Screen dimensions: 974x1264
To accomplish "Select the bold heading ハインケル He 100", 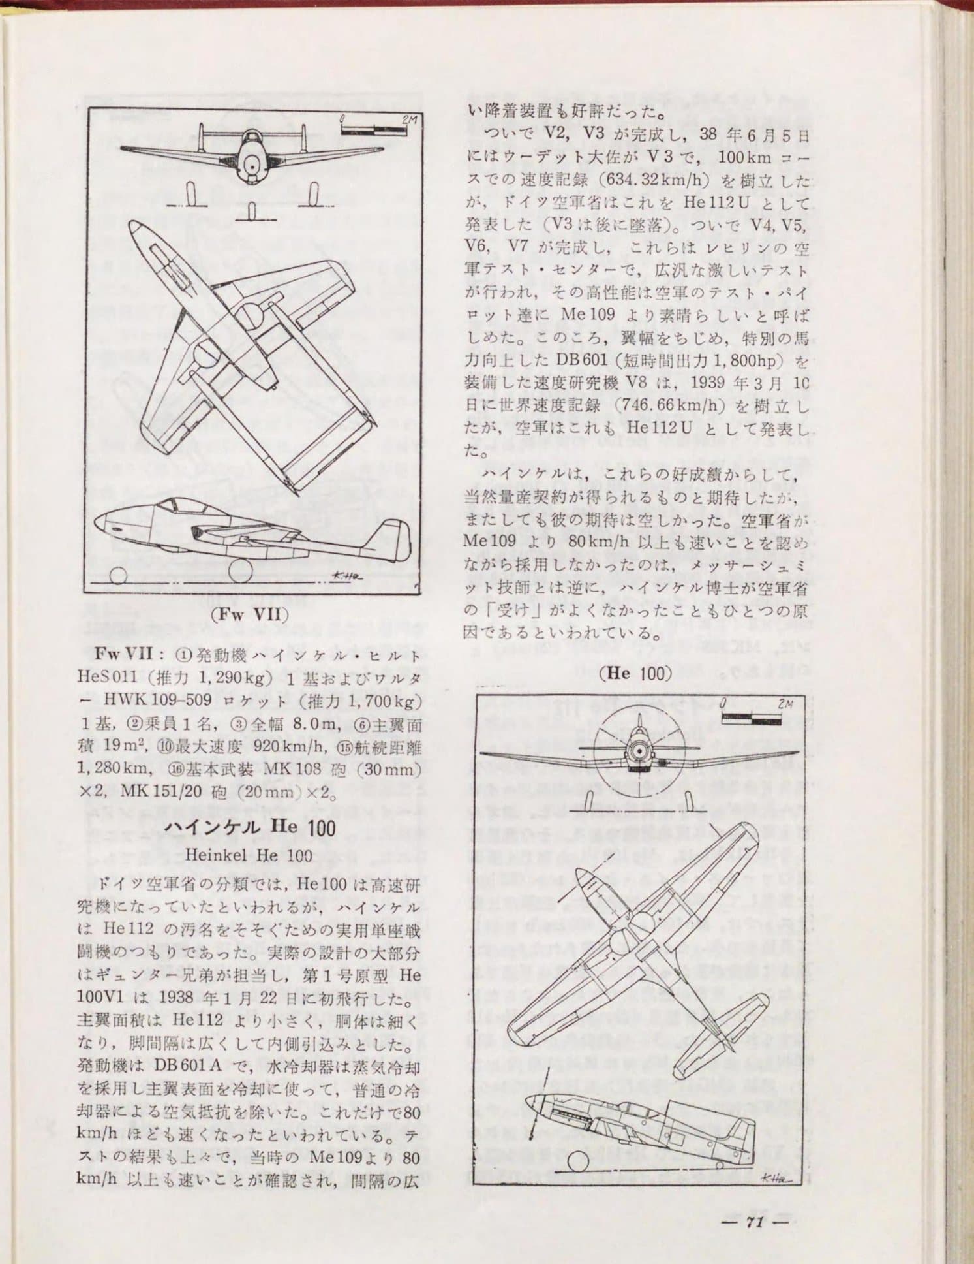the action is click(x=249, y=827).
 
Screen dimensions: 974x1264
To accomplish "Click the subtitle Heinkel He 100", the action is click(x=249, y=855).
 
